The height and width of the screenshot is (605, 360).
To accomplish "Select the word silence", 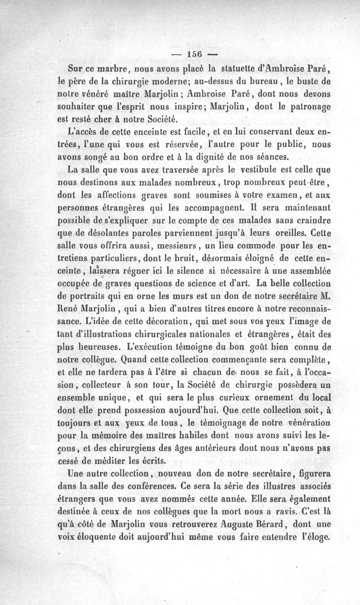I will click(177, 271).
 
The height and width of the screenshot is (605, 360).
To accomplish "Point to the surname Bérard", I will click(264, 524).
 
